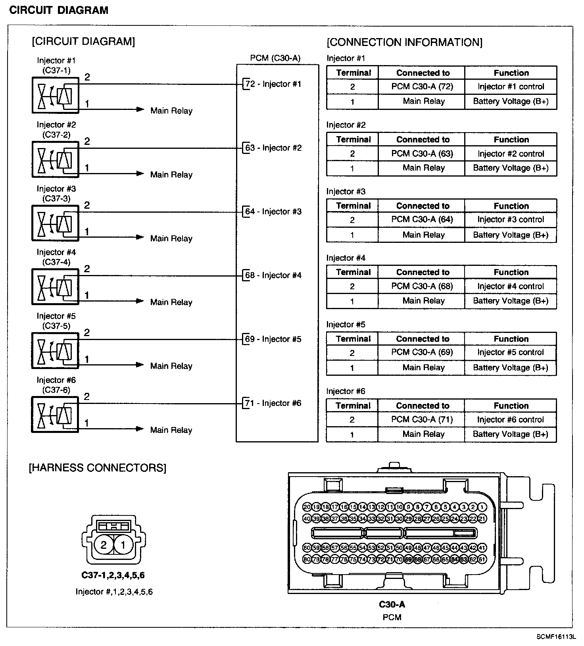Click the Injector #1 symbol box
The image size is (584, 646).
(56, 95)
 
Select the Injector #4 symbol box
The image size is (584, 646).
(56, 287)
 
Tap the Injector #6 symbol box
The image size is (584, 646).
(56, 414)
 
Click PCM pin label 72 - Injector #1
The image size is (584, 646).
(273, 84)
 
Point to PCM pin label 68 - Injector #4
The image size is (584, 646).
(273, 275)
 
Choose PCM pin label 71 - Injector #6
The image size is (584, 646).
(273, 403)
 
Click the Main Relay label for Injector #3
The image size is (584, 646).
(171, 238)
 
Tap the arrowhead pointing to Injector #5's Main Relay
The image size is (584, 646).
(140, 365)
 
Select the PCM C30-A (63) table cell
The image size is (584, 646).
(422, 154)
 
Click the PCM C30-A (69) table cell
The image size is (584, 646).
(422, 352)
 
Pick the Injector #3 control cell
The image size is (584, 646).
(511, 220)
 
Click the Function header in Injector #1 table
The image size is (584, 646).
(511, 73)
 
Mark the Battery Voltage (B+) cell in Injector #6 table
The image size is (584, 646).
(511, 435)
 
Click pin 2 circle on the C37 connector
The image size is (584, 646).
(104, 545)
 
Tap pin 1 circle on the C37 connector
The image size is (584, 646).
(123, 545)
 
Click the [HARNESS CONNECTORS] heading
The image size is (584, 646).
(98, 468)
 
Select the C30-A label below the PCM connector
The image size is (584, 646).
(392, 605)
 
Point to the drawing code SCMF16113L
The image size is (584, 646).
(556, 637)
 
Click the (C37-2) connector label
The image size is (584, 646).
(56, 135)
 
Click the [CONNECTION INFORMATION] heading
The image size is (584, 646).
(404, 42)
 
